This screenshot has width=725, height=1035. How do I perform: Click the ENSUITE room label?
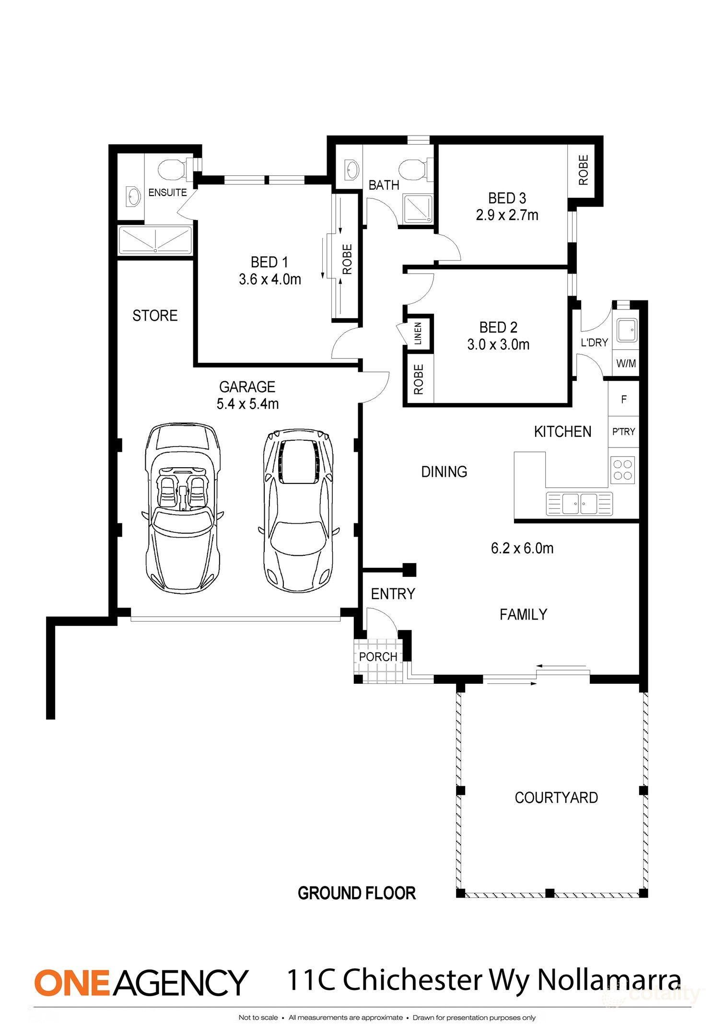click(167, 193)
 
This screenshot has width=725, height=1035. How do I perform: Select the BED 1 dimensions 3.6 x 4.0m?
click(270, 279)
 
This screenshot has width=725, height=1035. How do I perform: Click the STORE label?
click(155, 316)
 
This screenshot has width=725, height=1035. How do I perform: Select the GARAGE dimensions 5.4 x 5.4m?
click(247, 404)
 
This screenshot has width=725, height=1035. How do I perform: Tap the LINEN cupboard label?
click(418, 333)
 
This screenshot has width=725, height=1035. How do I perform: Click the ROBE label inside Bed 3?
click(583, 170)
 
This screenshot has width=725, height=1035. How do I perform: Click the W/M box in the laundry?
click(626, 364)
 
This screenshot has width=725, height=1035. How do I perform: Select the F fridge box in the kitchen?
click(623, 399)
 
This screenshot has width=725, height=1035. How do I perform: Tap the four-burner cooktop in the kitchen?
click(622, 470)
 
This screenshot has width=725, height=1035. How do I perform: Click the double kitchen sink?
click(579, 504)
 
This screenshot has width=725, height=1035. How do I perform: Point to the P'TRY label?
click(623, 432)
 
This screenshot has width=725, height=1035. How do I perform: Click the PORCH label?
click(378, 657)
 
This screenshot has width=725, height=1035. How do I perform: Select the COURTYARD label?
click(556, 798)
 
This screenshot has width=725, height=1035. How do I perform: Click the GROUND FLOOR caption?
click(357, 894)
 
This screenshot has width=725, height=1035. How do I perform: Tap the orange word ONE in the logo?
click(72, 983)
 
